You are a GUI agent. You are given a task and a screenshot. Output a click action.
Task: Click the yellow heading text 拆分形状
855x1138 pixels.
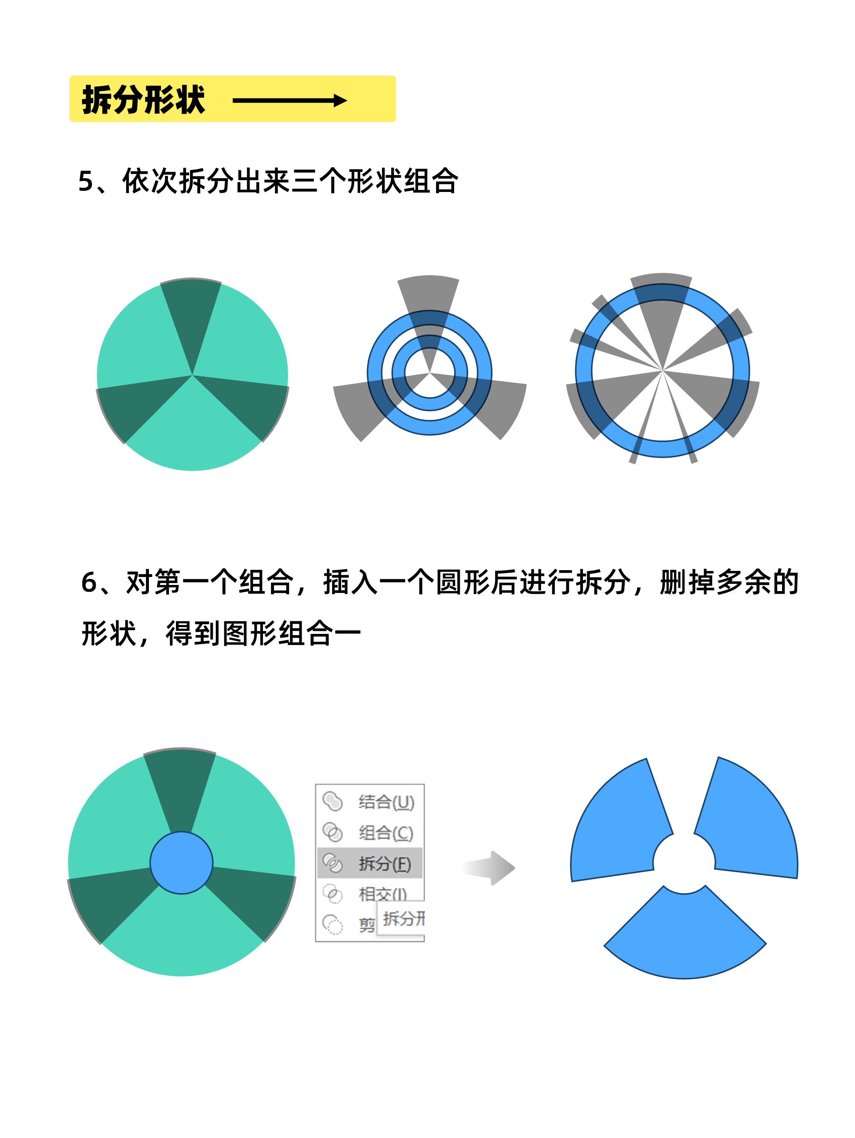point(143,99)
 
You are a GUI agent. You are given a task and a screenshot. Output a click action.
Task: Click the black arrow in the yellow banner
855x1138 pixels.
point(290,100)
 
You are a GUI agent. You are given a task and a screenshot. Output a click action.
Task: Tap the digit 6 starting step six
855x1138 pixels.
point(89,582)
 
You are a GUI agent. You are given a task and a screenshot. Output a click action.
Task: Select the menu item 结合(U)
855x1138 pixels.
point(386,802)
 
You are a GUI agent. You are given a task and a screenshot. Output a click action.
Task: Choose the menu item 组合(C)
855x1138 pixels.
point(386,832)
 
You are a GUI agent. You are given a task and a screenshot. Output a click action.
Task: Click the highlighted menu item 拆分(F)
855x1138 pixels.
point(385,863)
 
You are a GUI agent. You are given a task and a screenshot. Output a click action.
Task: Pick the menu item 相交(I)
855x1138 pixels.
point(383,894)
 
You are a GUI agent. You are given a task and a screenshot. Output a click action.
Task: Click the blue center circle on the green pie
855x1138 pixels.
point(181,863)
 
